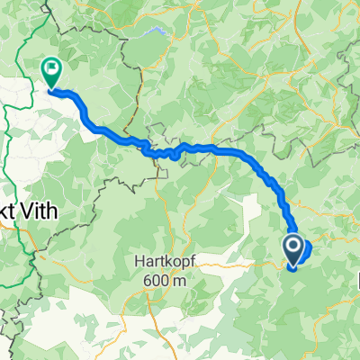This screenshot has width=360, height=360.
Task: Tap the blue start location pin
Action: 293,248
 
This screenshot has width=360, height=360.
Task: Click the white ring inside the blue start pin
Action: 293,244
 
